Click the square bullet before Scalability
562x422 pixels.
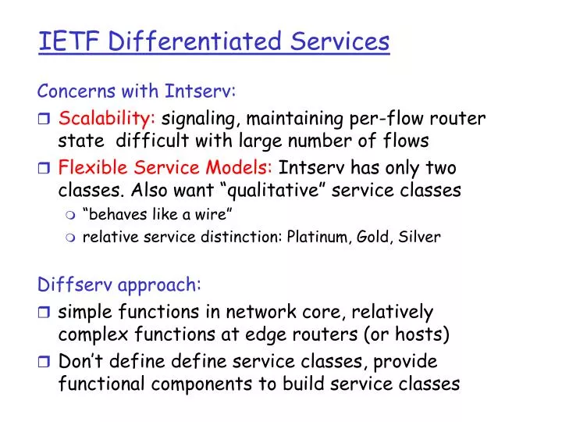(x=45, y=120)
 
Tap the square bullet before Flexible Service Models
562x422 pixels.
(x=45, y=169)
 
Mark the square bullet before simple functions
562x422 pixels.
(x=45, y=313)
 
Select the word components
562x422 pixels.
(x=217, y=384)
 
